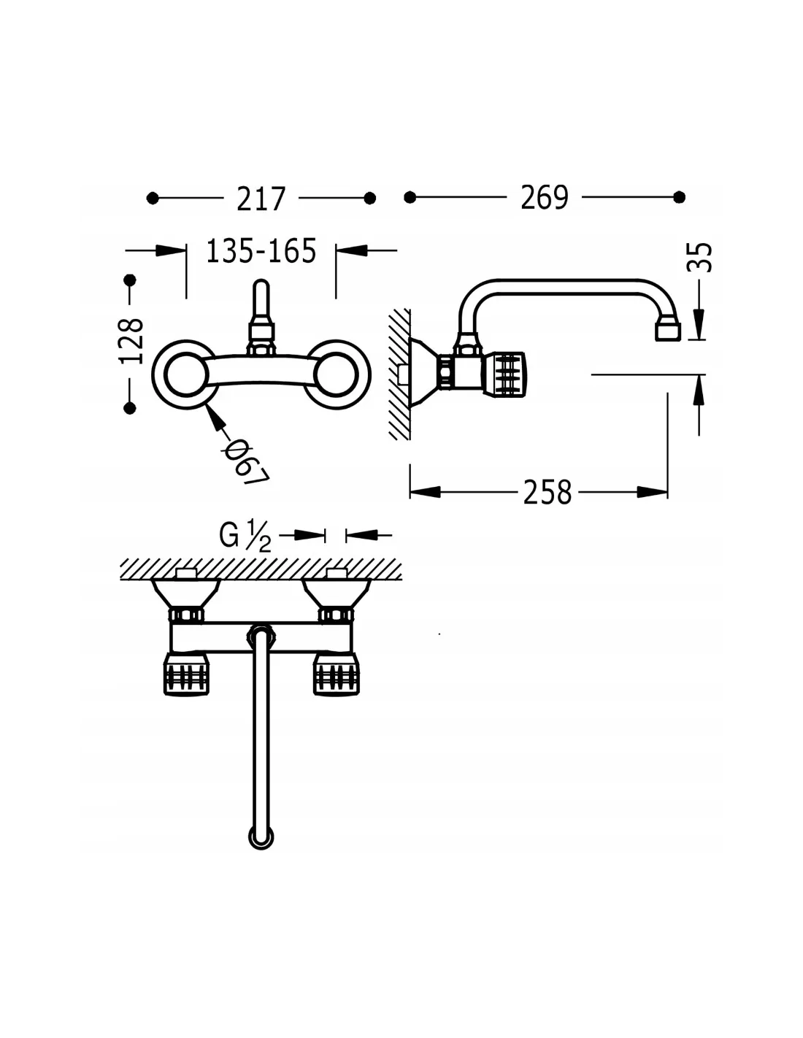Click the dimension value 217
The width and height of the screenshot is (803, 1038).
pyautogui.click(x=261, y=199)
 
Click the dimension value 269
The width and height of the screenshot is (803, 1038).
pyautogui.click(x=544, y=197)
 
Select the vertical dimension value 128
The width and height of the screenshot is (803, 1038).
pyautogui.click(x=131, y=341)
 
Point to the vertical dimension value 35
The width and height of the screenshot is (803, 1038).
pyautogui.click(x=699, y=258)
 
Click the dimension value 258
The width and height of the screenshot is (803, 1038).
pyautogui.click(x=547, y=493)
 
